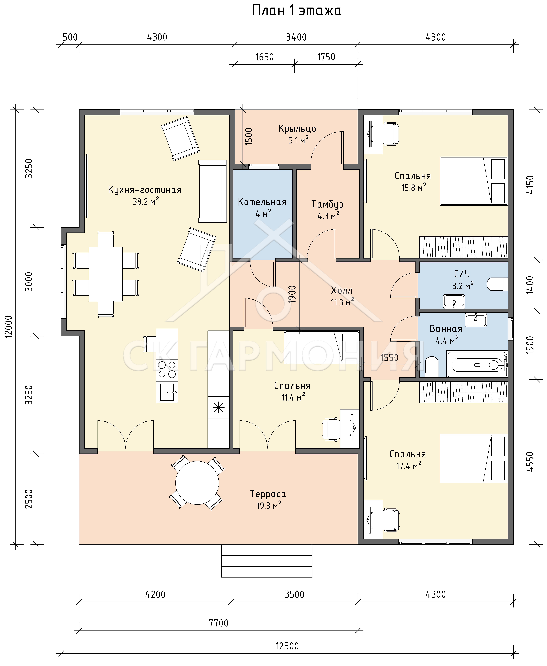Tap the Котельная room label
click(262, 202)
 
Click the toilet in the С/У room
click(497, 284)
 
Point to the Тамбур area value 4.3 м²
click(329, 216)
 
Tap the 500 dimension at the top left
click(70, 37)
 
